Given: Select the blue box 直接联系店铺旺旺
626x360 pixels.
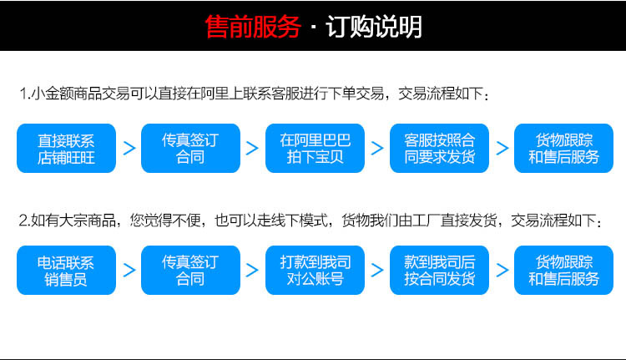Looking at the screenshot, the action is pos(66,148).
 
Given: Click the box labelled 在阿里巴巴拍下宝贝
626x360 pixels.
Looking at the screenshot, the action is pos(315,148).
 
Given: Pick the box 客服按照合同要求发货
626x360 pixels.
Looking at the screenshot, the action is pos(439,148).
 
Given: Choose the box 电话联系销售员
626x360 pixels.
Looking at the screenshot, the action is pos(66,270).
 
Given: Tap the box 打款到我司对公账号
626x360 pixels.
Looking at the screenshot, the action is pos(315,270).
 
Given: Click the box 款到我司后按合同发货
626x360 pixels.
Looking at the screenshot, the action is pos(439,270).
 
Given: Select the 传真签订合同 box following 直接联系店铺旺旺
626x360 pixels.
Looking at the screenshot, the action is pos(190,148).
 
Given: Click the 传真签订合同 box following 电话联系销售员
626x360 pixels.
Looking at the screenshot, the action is pos(190,270).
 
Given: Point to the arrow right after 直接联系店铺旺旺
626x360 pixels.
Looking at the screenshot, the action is pos(129,148).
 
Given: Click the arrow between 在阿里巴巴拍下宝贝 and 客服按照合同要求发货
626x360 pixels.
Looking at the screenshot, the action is pos(377,148).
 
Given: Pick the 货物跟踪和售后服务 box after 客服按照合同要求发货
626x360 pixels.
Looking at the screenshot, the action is pos(563,148).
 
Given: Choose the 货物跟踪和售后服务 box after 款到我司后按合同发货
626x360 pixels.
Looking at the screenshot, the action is pos(563,270).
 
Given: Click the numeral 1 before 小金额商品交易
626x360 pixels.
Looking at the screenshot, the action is pos(23,94).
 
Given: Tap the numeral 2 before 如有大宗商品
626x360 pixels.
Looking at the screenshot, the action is pos(23,221).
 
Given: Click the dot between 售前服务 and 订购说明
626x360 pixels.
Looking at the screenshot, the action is pos(312,28).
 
